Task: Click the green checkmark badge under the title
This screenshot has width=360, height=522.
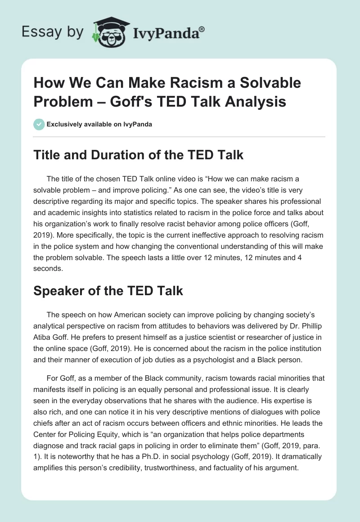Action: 39,124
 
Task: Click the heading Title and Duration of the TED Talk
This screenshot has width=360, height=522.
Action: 139,155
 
